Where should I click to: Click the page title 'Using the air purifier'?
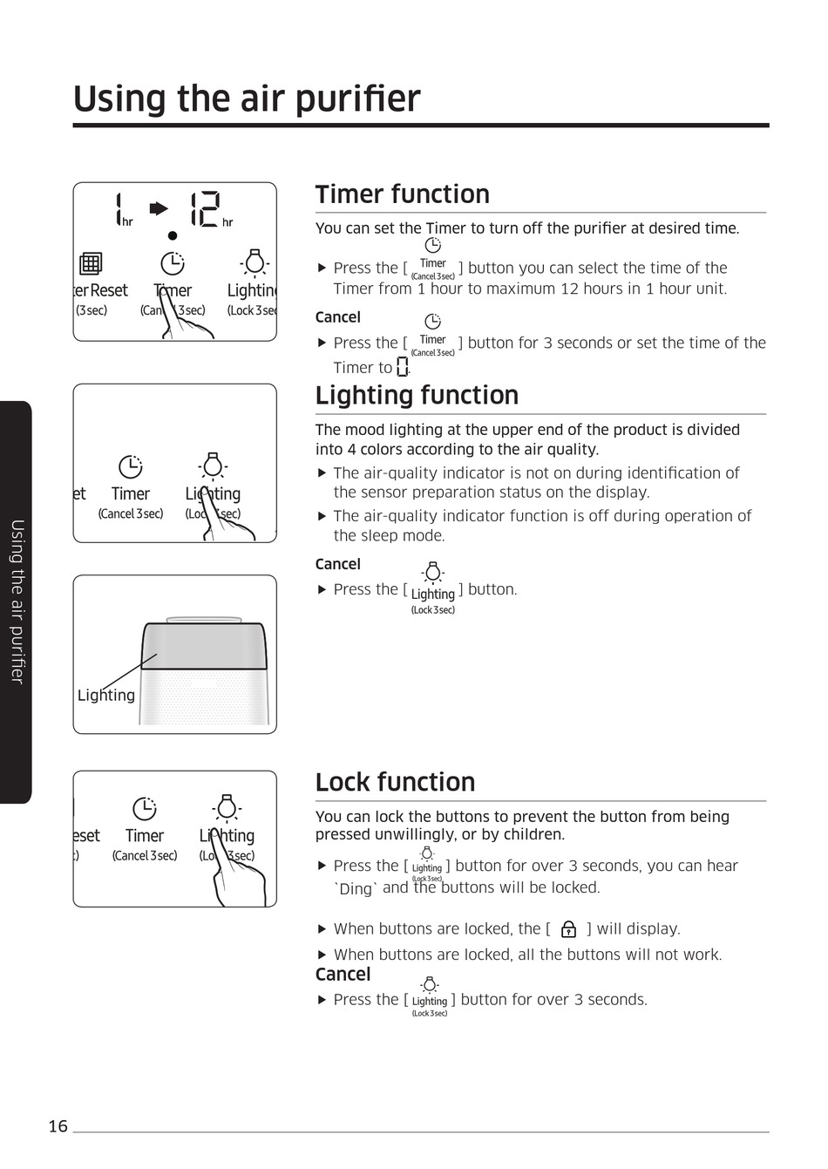coord(247,99)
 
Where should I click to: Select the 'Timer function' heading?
coord(402,194)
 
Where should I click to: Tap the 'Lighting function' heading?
coord(417,395)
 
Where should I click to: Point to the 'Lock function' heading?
coord(395,782)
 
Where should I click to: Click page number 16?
coord(58,1126)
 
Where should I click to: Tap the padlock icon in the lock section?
coord(568,929)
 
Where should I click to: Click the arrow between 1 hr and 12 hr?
coord(159,208)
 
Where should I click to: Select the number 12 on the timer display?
coord(205,209)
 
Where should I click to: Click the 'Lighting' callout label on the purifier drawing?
coord(106,695)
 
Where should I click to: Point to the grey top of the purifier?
coord(205,646)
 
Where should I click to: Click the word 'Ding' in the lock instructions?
coord(356,888)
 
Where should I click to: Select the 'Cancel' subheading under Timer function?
coord(337,317)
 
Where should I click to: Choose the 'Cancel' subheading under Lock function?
coord(343,975)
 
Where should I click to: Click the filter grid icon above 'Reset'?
coord(91,263)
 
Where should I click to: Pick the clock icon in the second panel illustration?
coord(130,467)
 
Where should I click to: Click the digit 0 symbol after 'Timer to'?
coord(402,367)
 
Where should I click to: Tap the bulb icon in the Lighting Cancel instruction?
coord(432,573)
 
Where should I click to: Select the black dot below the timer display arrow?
coord(173,235)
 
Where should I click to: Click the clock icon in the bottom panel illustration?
coord(144,808)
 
